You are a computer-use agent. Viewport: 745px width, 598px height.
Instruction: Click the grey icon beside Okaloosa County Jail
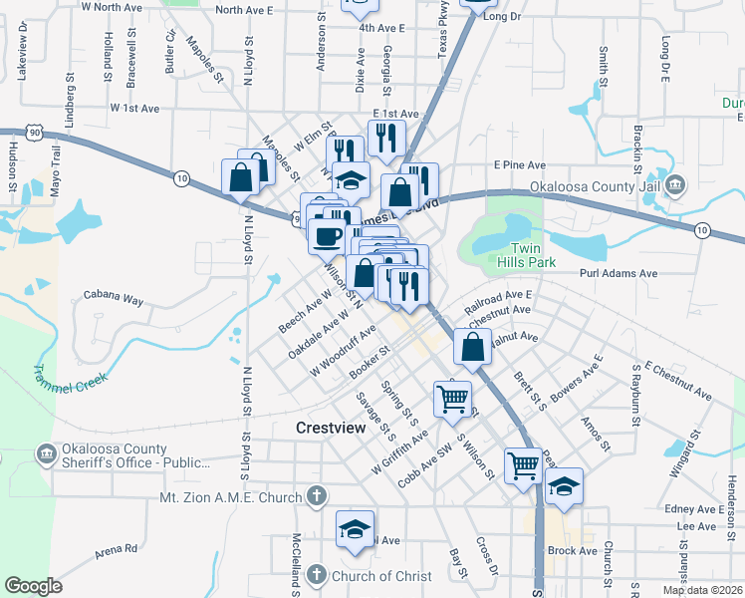pos(676,184)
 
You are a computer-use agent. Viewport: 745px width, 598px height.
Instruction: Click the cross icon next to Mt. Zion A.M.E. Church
pos(316,495)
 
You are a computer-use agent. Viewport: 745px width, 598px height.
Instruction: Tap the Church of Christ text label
pos(383,575)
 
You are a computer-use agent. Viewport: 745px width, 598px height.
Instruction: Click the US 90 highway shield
pos(9,133)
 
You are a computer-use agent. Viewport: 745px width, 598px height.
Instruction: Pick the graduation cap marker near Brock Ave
pos(564,486)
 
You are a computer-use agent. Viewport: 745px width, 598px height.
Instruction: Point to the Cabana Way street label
pos(113,297)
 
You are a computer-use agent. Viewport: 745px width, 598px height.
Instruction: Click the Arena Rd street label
pos(117,549)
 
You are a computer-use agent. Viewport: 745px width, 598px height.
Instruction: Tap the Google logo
pos(34,586)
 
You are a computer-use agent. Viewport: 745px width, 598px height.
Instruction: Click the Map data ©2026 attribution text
pos(701,590)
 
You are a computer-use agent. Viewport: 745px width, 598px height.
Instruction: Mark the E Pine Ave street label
pos(520,164)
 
